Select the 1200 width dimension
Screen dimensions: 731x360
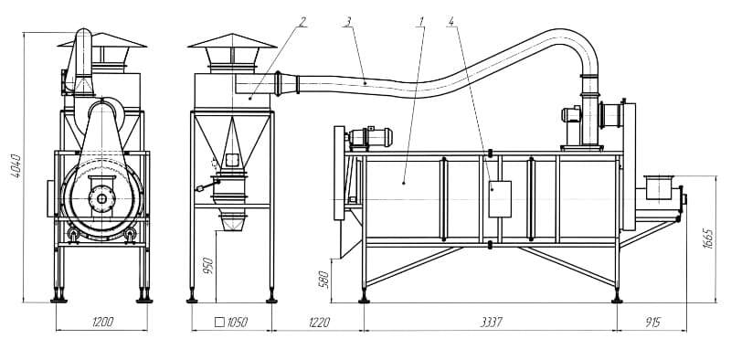pos(102,322)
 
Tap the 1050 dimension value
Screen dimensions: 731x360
pos(238,322)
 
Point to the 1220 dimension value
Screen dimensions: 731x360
pos(319,322)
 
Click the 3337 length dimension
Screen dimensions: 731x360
pos(491,322)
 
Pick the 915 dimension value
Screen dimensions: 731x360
pos(652,322)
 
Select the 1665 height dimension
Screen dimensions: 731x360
pos(707,238)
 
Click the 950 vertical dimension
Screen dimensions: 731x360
pos(208,265)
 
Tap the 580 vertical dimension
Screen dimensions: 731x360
pos(325,280)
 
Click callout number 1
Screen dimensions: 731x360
pos(421,21)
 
